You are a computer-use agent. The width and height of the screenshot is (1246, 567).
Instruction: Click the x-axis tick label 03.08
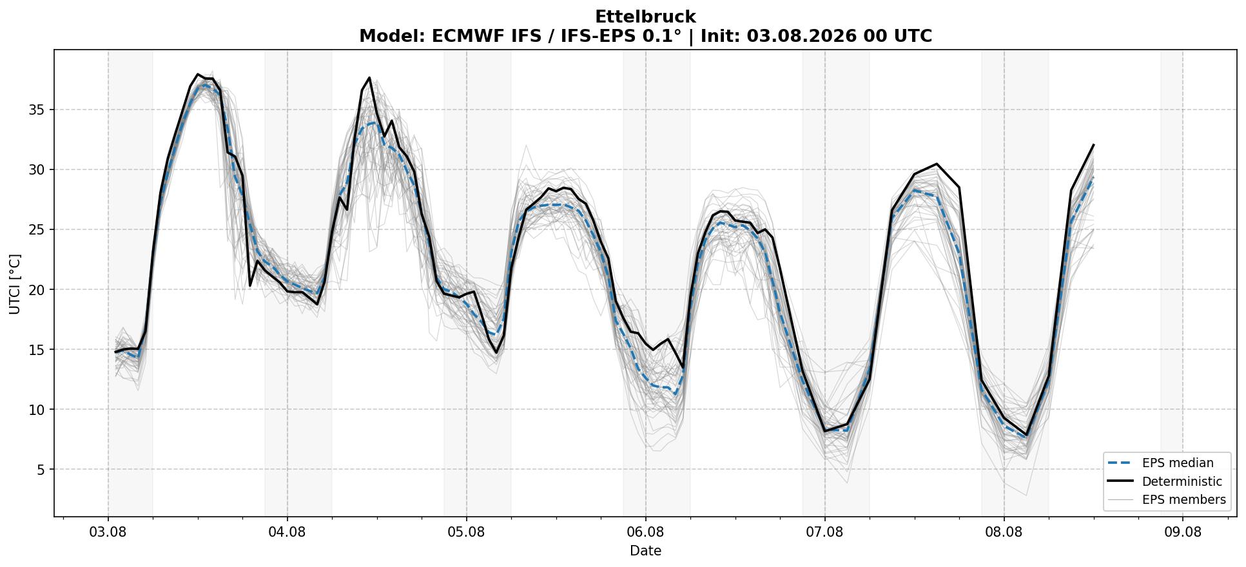108,533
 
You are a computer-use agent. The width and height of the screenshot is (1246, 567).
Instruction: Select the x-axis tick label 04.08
287,533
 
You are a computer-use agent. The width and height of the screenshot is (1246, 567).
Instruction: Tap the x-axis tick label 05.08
466,533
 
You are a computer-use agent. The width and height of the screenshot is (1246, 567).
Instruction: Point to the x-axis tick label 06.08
645,533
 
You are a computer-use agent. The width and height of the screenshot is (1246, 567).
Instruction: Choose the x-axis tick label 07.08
824,533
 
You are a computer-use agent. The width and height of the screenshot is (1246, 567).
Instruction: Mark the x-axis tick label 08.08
1004,533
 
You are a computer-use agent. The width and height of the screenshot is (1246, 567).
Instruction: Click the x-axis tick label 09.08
1183,533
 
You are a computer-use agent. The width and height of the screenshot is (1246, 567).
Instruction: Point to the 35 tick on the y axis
37,110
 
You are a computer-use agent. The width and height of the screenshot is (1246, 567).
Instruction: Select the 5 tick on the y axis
41,470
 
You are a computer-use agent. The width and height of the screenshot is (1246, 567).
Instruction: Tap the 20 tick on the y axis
37,290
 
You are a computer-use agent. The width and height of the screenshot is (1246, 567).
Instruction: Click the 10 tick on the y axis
37,410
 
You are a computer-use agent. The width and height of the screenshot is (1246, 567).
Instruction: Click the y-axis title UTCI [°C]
15,283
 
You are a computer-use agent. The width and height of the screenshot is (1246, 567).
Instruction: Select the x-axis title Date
645,551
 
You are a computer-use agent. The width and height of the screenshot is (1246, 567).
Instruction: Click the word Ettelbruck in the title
645,17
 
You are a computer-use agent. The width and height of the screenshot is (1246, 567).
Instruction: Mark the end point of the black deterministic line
1094,144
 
